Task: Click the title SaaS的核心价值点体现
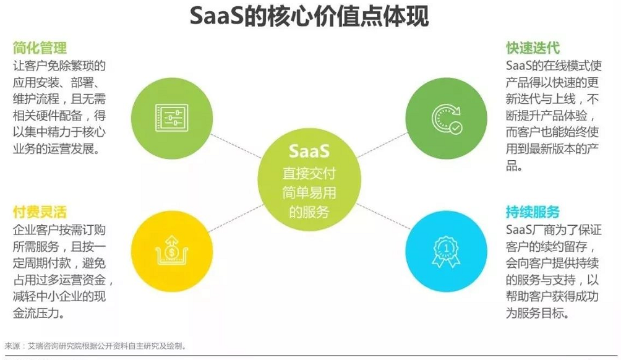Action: tap(309, 16)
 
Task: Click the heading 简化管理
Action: tap(40, 48)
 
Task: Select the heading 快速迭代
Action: tap(533, 48)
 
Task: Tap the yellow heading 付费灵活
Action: tap(40, 212)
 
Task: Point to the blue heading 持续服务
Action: tap(533, 212)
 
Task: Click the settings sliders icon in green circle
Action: tap(172, 118)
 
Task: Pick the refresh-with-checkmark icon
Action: tap(447, 119)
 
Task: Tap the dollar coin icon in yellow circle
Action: tap(172, 251)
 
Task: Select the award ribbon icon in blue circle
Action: tap(447, 252)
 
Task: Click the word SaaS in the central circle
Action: tap(309, 151)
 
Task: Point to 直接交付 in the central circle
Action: tap(309, 173)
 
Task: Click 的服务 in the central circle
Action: tap(309, 212)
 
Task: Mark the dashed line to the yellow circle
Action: tap(236, 218)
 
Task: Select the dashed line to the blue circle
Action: tap(383, 216)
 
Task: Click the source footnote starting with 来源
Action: tap(95, 346)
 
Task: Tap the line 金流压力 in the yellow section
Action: tap(39, 313)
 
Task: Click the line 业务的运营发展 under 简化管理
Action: tap(56, 149)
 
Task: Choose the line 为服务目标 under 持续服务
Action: tap(537, 313)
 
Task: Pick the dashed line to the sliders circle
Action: tap(236, 146)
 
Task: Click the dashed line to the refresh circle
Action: tap(382, 145)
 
